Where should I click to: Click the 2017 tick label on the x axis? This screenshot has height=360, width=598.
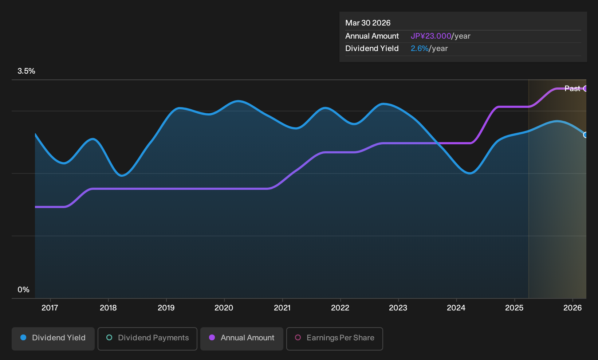(50, 308)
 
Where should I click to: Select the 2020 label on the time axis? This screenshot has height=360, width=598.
(224, 308)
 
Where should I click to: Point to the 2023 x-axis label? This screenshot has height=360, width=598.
(398, 308)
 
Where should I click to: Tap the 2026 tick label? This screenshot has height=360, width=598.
(573, 308)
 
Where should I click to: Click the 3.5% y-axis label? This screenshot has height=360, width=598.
(26, 71)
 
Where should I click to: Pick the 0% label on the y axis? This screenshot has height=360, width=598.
(24, 290)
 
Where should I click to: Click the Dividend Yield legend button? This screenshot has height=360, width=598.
(53, 339)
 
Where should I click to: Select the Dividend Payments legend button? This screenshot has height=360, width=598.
(147, 339)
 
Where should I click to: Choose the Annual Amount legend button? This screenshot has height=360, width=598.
(241, 339)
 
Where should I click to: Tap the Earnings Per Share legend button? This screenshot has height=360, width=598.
(334, 339)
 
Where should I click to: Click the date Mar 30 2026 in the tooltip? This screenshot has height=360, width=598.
(368, 23)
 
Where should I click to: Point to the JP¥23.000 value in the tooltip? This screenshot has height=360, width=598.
(431, 36)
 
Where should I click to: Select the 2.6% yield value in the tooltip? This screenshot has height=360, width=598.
(420, 48)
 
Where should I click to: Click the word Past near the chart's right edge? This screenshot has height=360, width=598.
(573, 89)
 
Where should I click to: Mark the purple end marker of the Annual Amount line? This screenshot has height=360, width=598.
(586, 89)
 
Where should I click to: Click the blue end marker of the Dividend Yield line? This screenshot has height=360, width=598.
(586, 135)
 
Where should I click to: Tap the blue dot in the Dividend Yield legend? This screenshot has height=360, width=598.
(24, 337)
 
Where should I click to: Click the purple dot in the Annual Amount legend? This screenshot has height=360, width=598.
(212, 337)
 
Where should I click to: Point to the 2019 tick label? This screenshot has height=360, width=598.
(166, 308)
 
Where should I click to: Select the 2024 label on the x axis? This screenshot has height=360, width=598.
(456, 308)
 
